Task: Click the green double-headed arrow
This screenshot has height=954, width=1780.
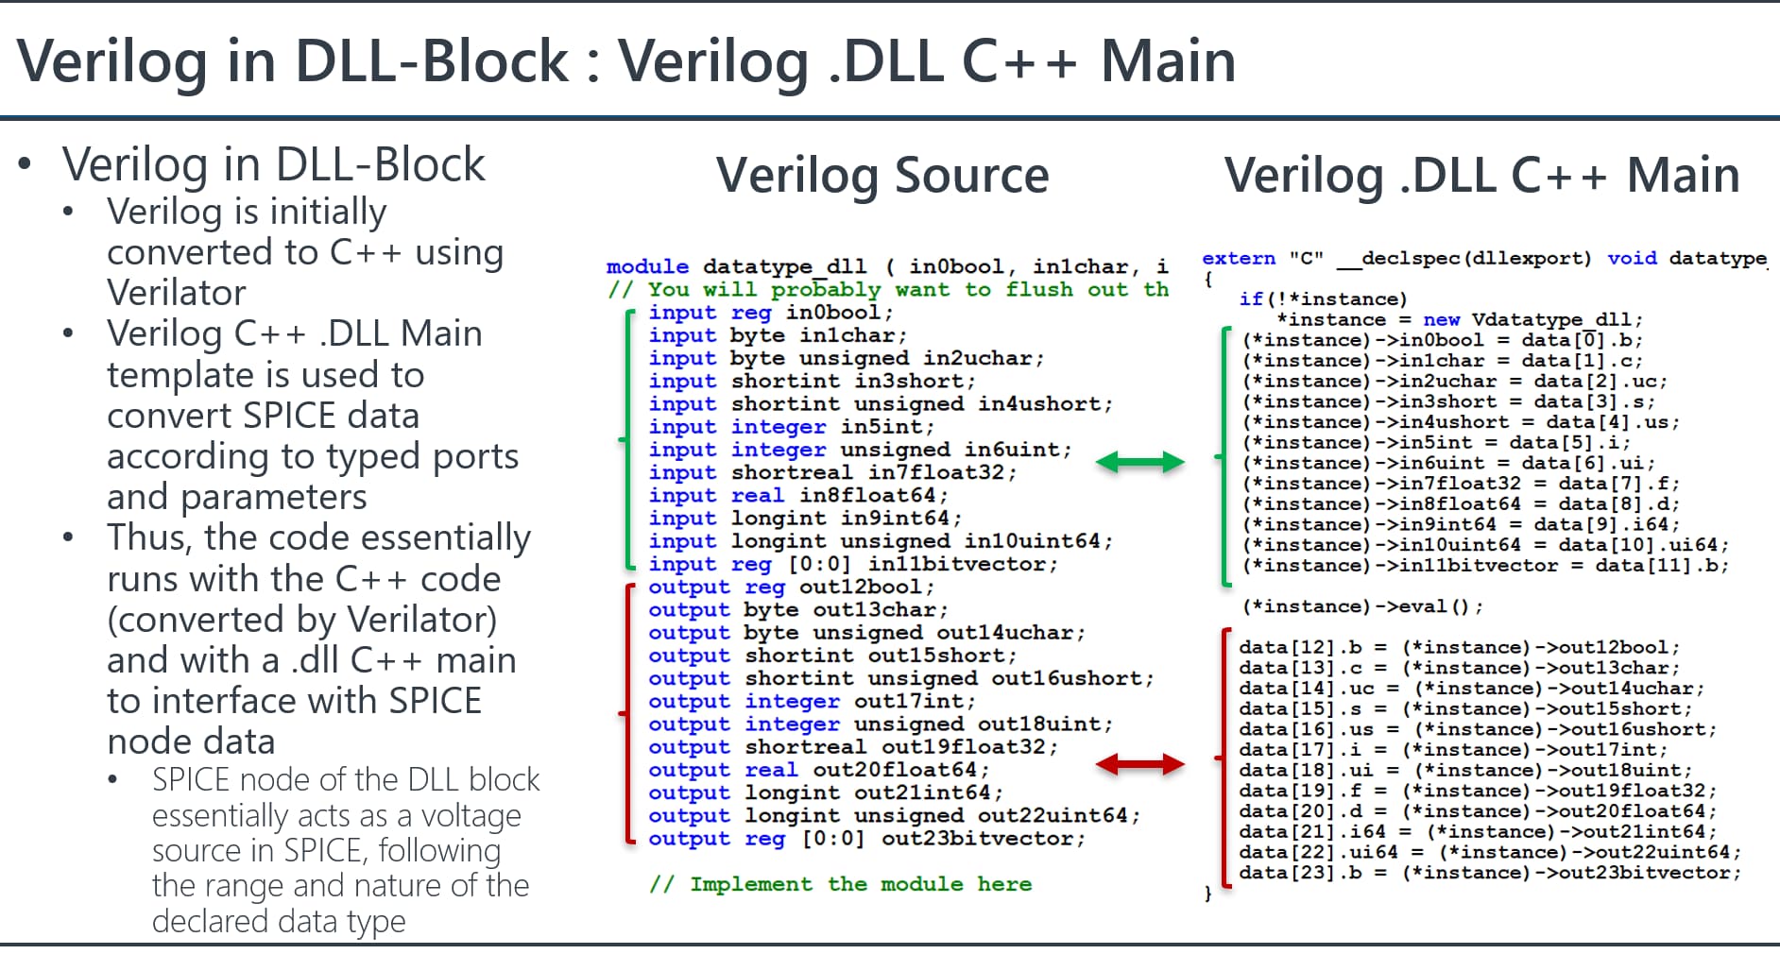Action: point(1139,462)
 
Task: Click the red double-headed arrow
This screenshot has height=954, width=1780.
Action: point(1139,764)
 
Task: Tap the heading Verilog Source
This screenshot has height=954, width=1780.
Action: point(882,176)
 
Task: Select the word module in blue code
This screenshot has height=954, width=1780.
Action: point(647,267)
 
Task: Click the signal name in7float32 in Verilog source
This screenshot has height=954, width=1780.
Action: point(942,472)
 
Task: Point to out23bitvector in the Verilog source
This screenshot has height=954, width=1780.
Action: point(983,839)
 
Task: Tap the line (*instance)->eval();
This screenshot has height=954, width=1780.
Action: point(1362,606)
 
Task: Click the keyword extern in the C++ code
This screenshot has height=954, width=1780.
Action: point(1239,259)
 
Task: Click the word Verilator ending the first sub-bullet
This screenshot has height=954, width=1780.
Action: point(177,293)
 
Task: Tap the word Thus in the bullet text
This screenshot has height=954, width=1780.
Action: point(149,537)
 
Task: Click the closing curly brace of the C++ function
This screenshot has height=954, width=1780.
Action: point(1207,893)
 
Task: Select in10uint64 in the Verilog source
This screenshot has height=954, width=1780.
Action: point(1032,541)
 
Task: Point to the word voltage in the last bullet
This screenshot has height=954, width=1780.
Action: point(471,815)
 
